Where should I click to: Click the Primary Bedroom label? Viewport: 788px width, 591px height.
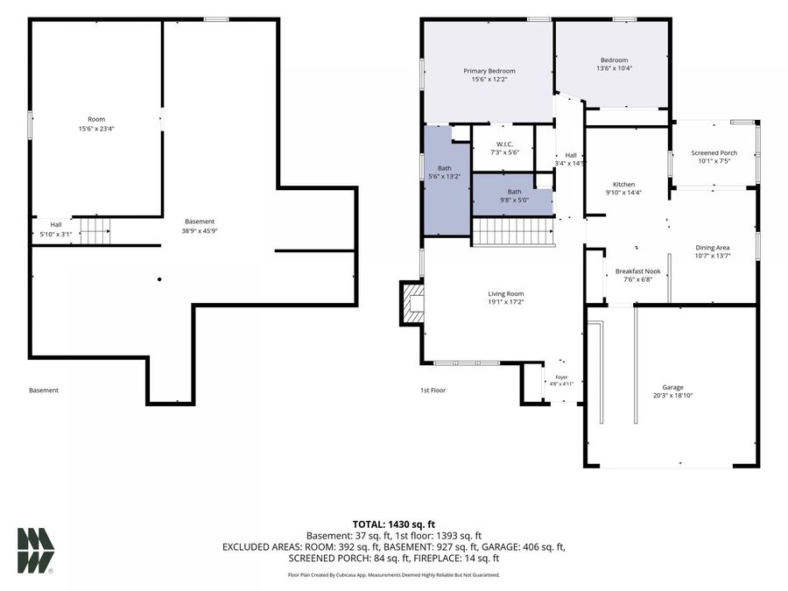(x=489, y=71)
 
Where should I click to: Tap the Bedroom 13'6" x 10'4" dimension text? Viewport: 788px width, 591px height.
(x=614, y=68)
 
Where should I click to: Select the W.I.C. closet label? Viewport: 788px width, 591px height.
(x=504, y=144)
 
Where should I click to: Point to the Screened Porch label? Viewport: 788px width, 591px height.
(x=714, y=152)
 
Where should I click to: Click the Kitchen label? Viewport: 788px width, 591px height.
(x=623, y=185)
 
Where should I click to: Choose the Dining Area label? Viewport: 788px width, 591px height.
(x=712, y=248)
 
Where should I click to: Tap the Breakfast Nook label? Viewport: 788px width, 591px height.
(x=637, y=271)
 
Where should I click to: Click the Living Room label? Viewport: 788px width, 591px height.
(x=505, y=294)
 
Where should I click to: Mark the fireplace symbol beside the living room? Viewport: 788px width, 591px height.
(x=412, y=303)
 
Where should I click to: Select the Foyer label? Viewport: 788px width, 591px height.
(x=561, y=377)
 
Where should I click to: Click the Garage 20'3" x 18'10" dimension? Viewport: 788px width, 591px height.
(x=673, y=396)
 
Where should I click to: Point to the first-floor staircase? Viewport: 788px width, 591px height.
(x=513, y=232)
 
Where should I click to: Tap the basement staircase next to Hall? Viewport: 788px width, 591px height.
(x=95, y=230)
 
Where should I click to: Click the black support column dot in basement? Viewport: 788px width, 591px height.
(x=159, y=279)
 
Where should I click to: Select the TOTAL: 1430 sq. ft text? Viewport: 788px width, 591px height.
(x=393, y=524)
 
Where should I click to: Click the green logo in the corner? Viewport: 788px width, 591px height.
(x=36, y=551)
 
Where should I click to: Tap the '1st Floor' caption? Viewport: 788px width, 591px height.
(x=433, y=390)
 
